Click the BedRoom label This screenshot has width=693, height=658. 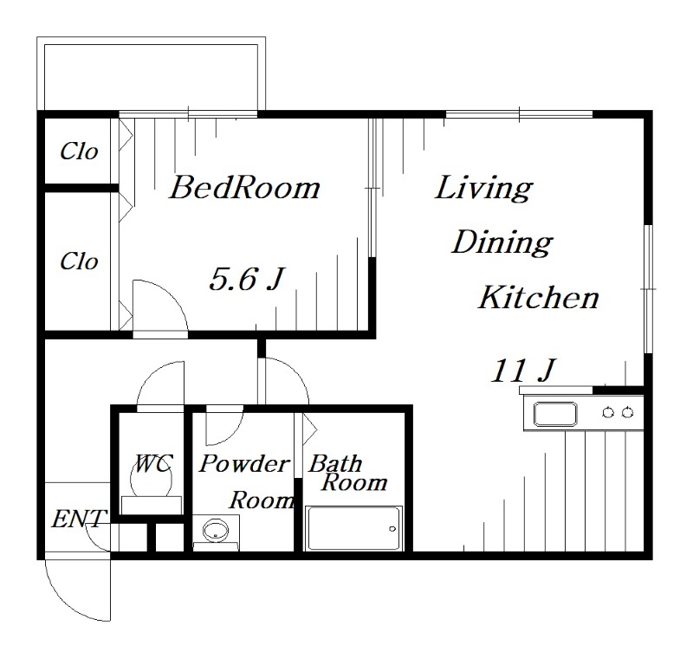[x=245, y=188]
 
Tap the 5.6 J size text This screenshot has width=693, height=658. [x=247, y=279]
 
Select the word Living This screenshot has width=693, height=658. [x=484, y=189]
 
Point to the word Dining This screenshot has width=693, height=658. [x=502, y=243]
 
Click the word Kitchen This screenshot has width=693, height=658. [x=539, y=297]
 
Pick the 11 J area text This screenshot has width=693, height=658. [x=523, y=370]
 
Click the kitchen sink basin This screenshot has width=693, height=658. [x=555, y=414]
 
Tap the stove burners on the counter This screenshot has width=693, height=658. [x=618, y=413]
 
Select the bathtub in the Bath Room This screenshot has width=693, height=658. [x=353, y=528]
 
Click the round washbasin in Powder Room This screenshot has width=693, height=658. [x=216, y=529]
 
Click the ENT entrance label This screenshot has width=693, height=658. [x=80, y=519]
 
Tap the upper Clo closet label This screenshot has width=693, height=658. [x=79, y=152]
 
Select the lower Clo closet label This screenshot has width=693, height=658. [x=79, y=261]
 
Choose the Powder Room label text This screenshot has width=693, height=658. [x=247, y=482]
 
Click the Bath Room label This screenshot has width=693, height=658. [x=348, y=474]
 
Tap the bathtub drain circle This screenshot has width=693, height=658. [x=392, y=529]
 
